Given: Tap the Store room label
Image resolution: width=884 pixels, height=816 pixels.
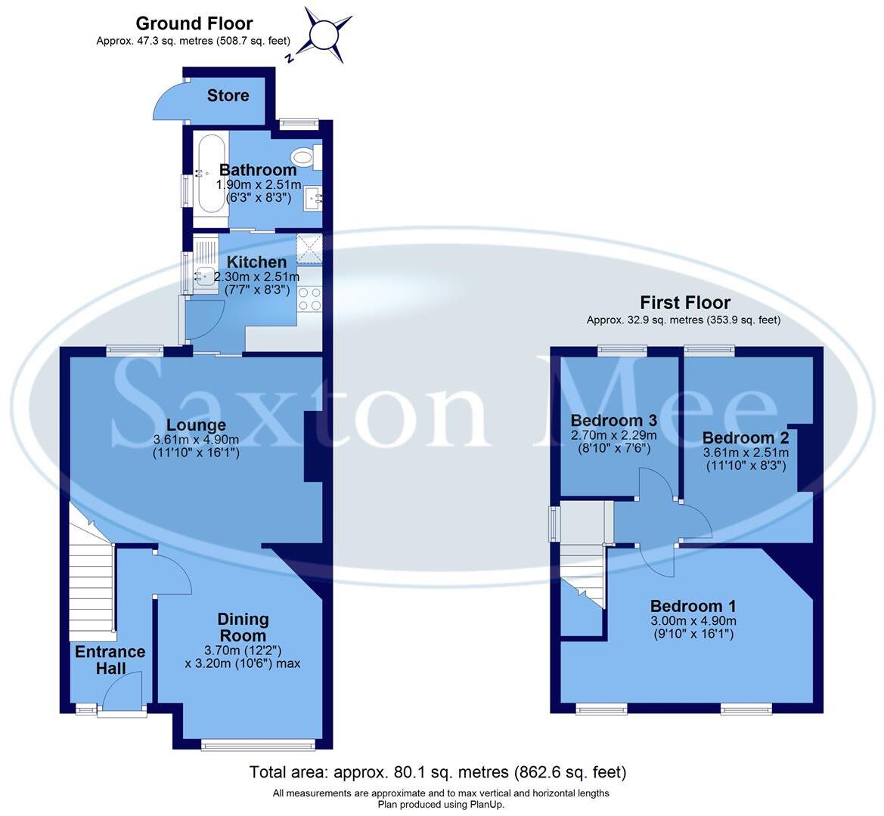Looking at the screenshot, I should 228,95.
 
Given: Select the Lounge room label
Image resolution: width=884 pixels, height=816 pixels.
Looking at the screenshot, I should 196,425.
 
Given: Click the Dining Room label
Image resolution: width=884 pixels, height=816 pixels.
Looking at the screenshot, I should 243,627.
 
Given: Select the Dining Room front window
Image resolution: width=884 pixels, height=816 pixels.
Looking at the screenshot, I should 258,746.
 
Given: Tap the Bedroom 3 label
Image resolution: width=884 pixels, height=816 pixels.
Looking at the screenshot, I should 613,421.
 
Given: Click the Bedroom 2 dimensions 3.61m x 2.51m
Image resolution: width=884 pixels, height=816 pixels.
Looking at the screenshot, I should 746,453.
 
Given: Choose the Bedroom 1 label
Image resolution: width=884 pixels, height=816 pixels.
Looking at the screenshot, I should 693,606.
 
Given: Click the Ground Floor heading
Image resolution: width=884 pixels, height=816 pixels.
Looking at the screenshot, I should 194,24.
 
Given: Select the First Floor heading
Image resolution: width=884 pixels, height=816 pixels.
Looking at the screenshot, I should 684,303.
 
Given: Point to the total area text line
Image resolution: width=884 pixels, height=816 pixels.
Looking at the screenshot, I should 438,772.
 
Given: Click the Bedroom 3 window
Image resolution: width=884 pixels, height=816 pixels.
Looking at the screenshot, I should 622,350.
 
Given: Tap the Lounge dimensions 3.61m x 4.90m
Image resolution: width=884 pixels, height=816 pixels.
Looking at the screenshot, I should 196,440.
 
